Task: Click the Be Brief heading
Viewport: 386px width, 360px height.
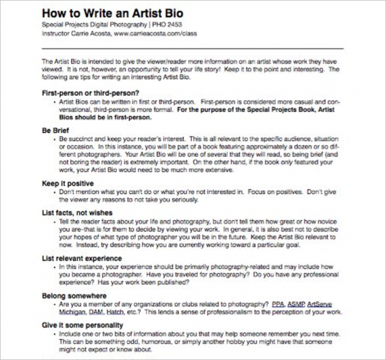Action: point(57,128)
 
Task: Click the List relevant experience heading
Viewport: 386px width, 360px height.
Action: point(82,259)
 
